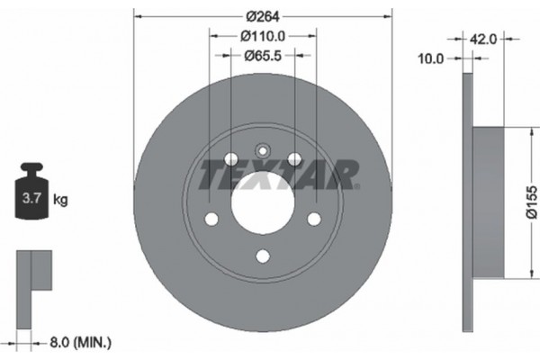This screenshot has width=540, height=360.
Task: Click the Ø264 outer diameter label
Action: (263, 15)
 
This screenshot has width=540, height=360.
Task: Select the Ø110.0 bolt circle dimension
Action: (263, 36)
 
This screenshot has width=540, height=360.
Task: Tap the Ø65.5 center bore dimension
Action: (263, 55)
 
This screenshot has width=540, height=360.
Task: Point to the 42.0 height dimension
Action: (484, 39)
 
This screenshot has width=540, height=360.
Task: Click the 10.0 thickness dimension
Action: (433, 58)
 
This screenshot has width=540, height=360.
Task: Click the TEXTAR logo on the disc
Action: (279, 174)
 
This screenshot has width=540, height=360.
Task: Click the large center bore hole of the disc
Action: (263, 204)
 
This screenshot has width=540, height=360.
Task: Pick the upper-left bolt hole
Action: (231, 159)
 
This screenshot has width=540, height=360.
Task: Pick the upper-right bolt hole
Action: (294, 159)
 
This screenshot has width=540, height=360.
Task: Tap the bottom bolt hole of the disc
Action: (263, 256)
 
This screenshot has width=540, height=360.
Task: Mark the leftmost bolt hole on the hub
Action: (211, 220)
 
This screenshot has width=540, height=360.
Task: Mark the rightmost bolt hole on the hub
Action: (314, 220)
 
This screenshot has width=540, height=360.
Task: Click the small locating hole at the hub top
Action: (263, 151)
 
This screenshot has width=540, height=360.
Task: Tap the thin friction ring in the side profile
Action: (467, 202)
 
